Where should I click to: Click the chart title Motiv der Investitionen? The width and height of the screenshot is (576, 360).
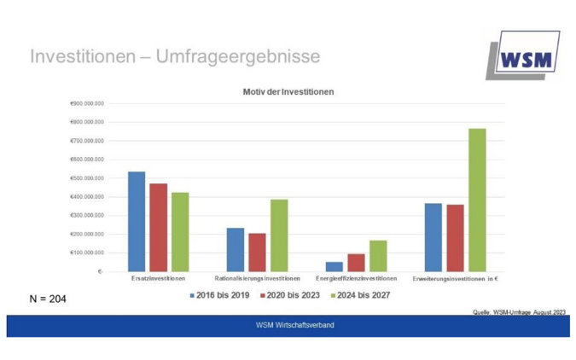click(288, 91)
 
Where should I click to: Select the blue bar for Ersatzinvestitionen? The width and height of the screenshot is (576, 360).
click(137, 221)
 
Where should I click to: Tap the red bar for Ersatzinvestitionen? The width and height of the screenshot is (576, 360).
click(158, 227)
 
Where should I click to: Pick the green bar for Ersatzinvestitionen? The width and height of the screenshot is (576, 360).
click(179, 231)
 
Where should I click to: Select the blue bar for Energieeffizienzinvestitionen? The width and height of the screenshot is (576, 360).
click(335, 266)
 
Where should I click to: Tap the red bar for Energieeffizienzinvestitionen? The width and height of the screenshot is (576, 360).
click(356, 263)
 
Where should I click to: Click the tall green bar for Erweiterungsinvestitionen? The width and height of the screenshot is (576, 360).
click(477, 200)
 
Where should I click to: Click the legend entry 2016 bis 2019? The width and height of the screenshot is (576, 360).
click(219, 295)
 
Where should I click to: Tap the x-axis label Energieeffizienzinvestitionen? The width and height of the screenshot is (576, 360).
click(356, 279)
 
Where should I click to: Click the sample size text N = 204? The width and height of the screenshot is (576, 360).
click(48, 299)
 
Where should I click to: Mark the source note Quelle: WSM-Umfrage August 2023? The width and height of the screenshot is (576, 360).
click(518, 312)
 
